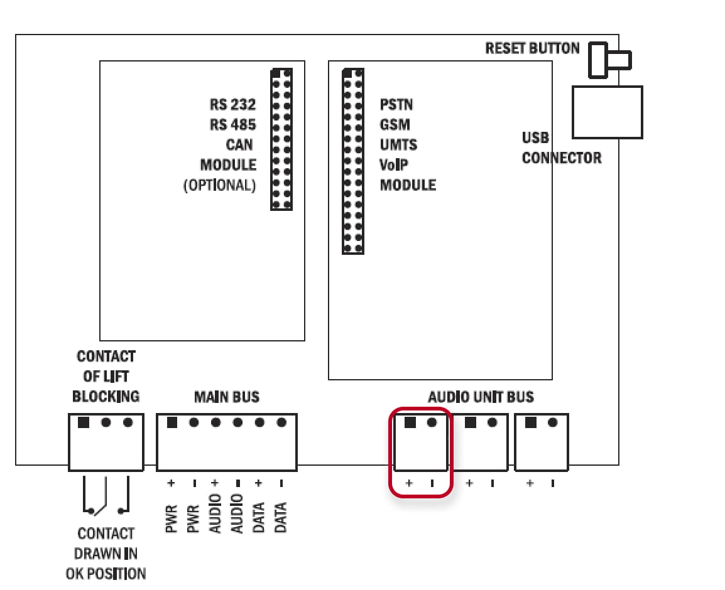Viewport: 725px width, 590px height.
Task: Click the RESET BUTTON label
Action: pos(532,48)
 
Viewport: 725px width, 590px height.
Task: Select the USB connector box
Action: pos(607,112)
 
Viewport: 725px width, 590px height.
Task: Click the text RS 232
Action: pos(232,104)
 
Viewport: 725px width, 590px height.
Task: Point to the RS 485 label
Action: pos(232,125)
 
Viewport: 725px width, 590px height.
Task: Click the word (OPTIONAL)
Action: pos(220,185)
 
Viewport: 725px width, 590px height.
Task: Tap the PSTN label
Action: pos(396,104)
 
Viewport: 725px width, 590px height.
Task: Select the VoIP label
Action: pos(394,165)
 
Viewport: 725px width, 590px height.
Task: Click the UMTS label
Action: pos(398,144)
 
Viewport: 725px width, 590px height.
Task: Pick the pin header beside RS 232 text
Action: pos(281,139)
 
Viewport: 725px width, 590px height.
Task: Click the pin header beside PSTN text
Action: pos(353,161)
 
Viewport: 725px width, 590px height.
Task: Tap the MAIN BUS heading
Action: pos(227,397)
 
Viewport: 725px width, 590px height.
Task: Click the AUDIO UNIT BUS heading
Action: pos(481,397)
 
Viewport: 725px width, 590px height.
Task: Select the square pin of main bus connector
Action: pos(172,422)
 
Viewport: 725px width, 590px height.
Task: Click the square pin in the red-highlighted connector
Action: pos(410,422)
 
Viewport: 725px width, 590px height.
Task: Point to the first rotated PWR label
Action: pos(171,519)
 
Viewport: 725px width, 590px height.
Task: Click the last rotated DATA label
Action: pos(281,517)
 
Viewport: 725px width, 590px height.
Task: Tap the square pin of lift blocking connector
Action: pos(84,422)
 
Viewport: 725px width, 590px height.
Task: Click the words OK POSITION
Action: pos(106,574)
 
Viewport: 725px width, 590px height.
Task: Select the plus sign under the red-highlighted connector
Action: pos(409,483)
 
